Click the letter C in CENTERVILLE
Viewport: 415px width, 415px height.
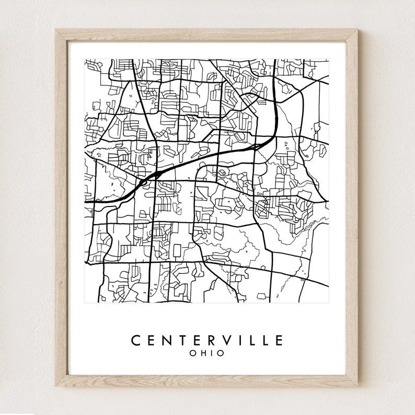click(135, 340)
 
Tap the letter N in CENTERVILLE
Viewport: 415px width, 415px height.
click(167, 340)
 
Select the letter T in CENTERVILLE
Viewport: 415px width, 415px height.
click(182, 340)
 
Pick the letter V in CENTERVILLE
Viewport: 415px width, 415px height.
click(227, 340)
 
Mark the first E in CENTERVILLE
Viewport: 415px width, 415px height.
click(152, 340)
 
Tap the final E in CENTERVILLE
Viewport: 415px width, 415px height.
click(279, 340)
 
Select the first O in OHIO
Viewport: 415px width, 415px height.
click(193, 353)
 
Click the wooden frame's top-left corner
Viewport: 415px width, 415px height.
click(55, 29)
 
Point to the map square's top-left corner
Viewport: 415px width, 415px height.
click(85, 59)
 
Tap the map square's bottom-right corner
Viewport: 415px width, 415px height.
click(329, 303)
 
